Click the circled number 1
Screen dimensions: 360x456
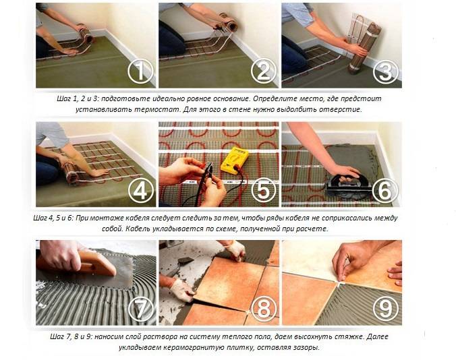pos(140,71)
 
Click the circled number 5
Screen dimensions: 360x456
pos(263,191)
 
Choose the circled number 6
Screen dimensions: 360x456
pos(385,191)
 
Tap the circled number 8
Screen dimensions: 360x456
pos(263,309)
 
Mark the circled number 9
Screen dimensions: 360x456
pos(384,309)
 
